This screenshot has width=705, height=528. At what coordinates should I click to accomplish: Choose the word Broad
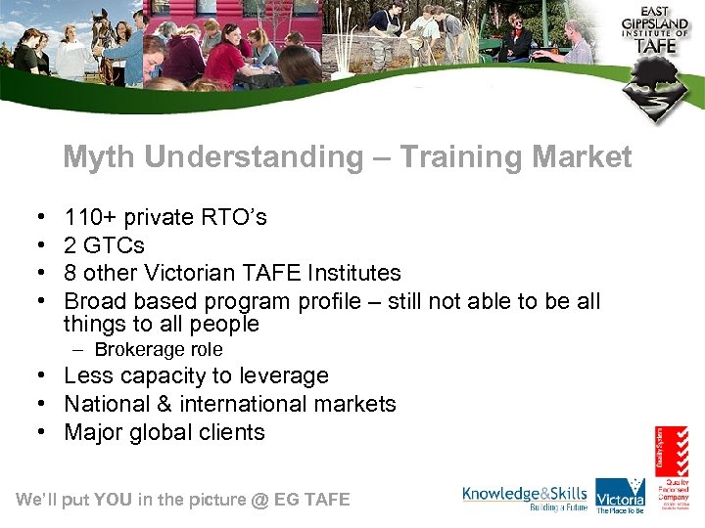click(x=95, y=301)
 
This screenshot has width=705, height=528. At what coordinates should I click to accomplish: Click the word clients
click(x=232, y=432)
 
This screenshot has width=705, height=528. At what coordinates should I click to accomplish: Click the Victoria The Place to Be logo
click(x=621, y=495)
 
